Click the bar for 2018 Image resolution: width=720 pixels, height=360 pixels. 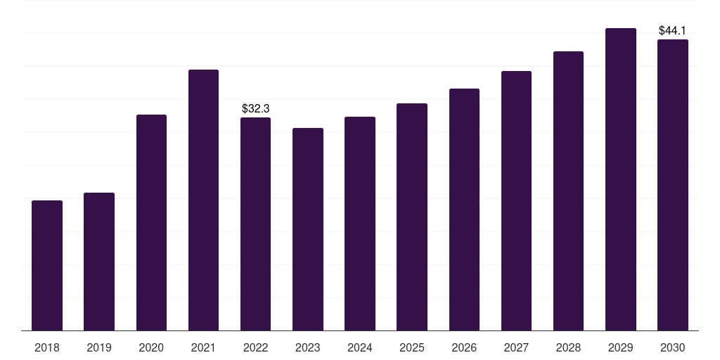pos(47,266)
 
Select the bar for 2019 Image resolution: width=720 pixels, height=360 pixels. pos(99,262)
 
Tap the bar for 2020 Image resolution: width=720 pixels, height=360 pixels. pos(151,223)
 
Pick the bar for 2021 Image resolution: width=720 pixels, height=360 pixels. pos(203,200)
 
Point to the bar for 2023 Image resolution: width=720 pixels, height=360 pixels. pos(308,229)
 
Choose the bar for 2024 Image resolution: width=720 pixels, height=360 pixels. pos(360,224)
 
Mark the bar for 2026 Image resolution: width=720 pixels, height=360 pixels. pos(464,210)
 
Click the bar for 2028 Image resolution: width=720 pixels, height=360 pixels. pos(568,191)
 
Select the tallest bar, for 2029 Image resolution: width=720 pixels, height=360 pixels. pos(621,179)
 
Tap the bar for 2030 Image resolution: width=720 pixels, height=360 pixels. pos(673,185)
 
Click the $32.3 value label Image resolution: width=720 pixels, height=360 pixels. pos(256,109)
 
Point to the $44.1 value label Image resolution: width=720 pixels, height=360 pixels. pos(673,31)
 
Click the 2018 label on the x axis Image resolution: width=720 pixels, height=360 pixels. pos(47,347)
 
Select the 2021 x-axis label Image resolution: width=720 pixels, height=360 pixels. pos(203,347)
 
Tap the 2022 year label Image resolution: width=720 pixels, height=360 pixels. pos(256,347)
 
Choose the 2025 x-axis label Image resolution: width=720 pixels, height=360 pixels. pos(412,347)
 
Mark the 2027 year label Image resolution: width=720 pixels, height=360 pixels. pos(516,347)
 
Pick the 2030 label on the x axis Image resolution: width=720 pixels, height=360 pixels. pos(673,347)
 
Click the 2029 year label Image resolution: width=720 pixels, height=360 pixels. pos(621,347)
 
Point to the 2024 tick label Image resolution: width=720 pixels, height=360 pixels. pos(360,347)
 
